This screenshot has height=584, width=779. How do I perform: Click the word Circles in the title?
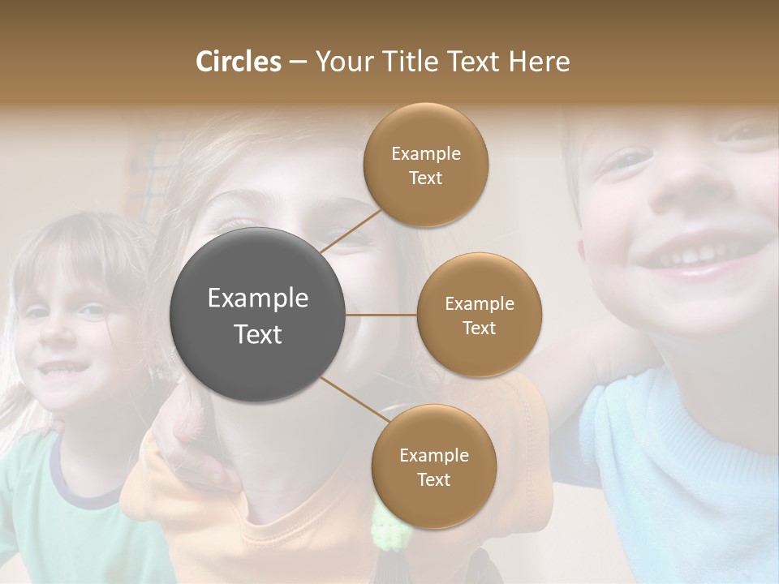[239, 62]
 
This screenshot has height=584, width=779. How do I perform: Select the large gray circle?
[257, 315]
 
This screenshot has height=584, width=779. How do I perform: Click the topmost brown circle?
[425, 165]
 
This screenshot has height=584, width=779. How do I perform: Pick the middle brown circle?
[479, 315]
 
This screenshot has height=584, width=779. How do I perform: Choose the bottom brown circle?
[433, 466]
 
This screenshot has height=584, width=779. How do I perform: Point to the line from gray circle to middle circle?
[381, 315]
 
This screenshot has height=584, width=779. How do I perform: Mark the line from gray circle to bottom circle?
[354, 399]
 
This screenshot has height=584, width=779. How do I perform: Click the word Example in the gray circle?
[258, 298]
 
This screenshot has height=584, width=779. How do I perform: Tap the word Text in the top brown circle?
[425, 178]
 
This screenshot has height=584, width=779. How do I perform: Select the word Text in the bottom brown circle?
[433, 479]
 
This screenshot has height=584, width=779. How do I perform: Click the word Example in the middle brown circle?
[480, 303]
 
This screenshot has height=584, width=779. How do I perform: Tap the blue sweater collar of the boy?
[641, 406]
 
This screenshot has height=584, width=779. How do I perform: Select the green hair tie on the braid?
[389, 527]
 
